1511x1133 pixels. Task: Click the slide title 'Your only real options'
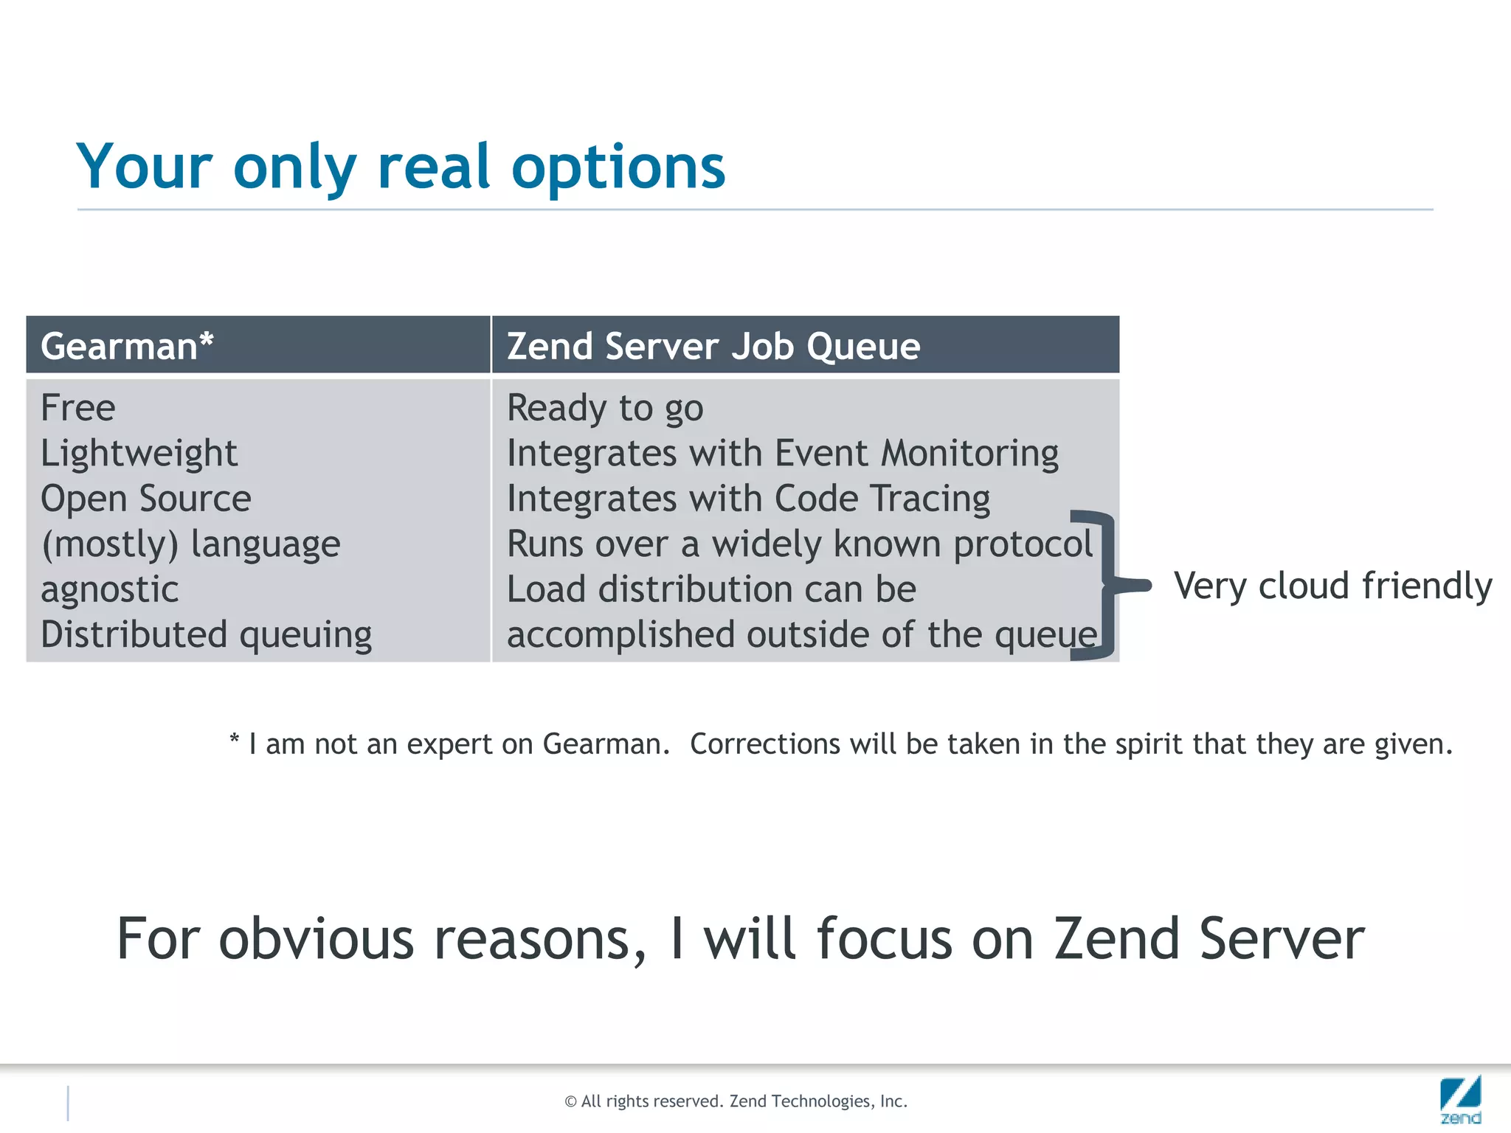tap(401, 167)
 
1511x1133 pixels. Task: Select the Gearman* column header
tap(127, 346)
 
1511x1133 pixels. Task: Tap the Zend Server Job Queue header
tap(713, 346)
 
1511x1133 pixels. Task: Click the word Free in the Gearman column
tap(77, 407)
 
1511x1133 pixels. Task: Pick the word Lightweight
tap(139, 453)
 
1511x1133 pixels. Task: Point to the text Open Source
tap(145, 499)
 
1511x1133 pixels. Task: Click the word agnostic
tap(109, 589)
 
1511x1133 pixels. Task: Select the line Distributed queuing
tap(206, 635)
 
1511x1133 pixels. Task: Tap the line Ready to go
tap(605, 408)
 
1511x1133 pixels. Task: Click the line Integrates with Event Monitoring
tap(782, 453)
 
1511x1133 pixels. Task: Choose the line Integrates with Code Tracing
tap(748, 499)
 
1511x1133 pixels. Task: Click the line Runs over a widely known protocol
tap(799, 544)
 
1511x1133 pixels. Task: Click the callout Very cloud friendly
tap(1332, 586)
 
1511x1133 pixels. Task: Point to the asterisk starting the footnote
tap(234, 738)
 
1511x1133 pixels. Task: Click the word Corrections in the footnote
tap(764, 744)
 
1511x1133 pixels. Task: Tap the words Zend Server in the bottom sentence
tap(1209, 938)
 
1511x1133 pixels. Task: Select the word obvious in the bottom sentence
tap(317, 938)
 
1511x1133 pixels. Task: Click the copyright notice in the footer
tap(736, 1101)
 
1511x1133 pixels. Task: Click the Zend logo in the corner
tap(1460, 1100)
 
